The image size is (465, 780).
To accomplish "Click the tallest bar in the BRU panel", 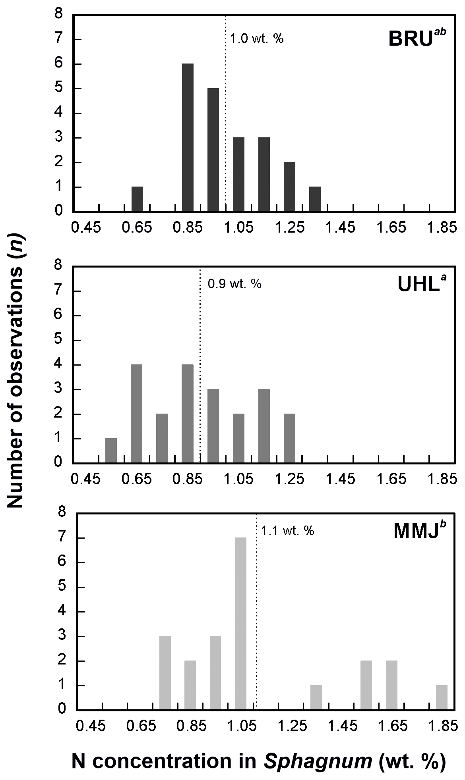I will [x=188, y=137].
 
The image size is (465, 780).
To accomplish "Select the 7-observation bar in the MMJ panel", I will [x=240, y=624].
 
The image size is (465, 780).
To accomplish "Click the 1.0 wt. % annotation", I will [x=257, y=39].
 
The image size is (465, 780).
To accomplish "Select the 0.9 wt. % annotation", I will [x=234, y=284].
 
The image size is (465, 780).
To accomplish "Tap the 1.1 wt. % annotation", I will [x=288, y=531].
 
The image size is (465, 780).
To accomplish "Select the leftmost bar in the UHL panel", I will [x=111, y=451].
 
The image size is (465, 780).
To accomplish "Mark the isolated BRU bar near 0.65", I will [x=137, y=199].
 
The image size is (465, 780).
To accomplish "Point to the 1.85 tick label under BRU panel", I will [x=442, y=228].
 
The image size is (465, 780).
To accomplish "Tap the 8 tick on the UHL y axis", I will [x=58, y=266].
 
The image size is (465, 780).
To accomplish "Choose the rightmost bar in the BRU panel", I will [x=315, y=199].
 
